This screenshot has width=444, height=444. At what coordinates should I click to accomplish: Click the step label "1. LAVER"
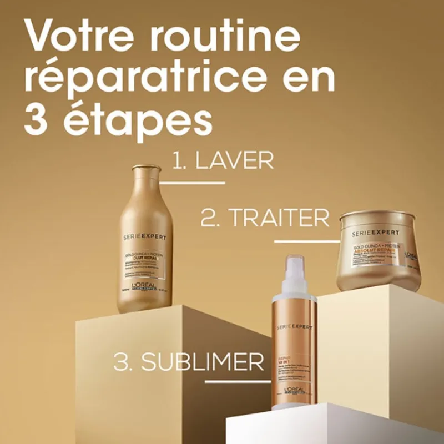(x=223, y=161)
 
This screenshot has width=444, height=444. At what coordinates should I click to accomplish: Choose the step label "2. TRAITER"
(x=265, y=219)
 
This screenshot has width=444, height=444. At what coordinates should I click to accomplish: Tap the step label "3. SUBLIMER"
(x=189, y=362)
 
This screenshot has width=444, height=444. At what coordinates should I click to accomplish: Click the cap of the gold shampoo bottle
(x=147, y=168)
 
